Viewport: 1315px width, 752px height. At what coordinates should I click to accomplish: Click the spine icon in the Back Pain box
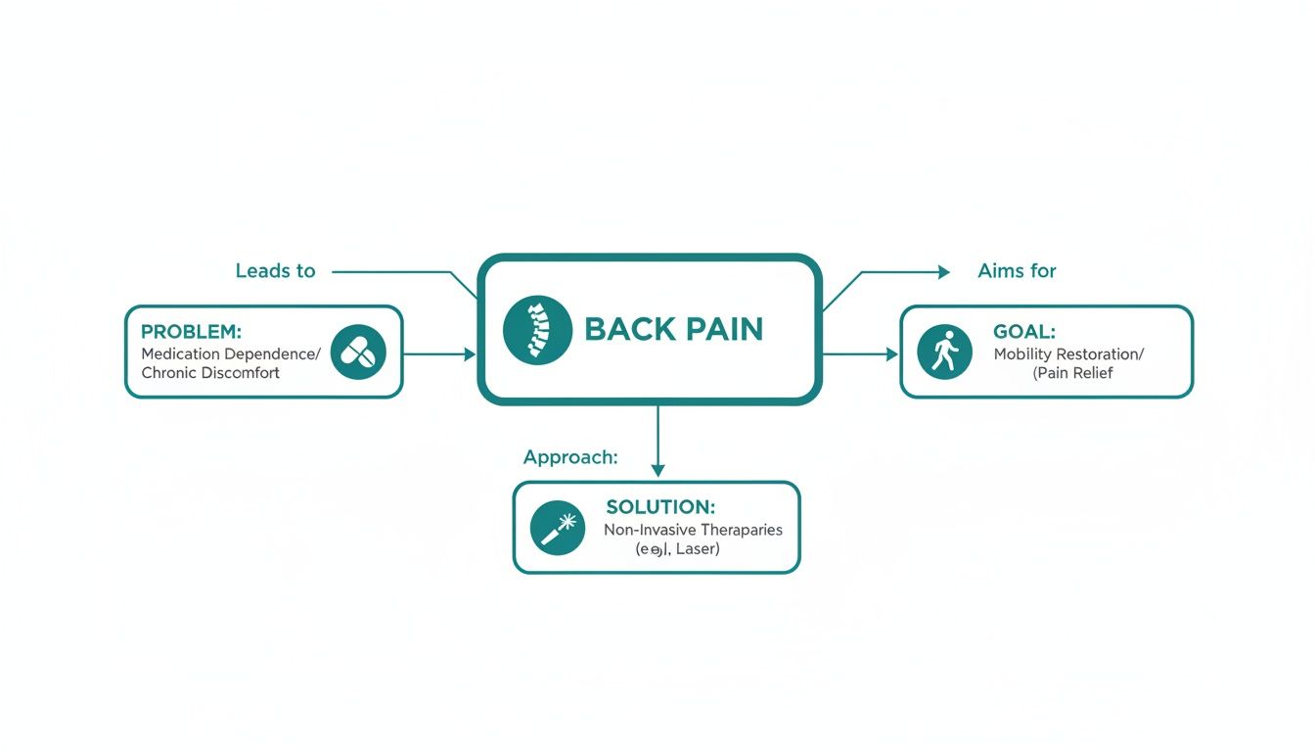pyautogui.click(x=537, y=329)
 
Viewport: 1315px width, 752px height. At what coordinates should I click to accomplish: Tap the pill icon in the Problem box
pyautogui.click(x=358, y=352)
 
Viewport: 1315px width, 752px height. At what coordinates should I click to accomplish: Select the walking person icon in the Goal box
pyautogui.click(x=944, y=352)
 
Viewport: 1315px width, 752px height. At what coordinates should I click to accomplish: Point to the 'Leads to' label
pyautogui.click(x=275, y=271)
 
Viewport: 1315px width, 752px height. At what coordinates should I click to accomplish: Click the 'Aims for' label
pyautogui.click(x=1017, y=271)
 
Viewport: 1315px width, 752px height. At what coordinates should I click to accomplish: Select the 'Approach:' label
pyautogui.click(x=570, y=457)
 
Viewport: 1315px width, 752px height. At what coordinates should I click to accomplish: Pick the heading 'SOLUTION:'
pyautogui.click(x=660, y=507)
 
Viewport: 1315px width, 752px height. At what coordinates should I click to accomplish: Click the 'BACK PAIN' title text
pyautogui.click(x=673, y=329)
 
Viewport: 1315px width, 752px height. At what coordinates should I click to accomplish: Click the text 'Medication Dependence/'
pyautogui.click(x=231, y=353)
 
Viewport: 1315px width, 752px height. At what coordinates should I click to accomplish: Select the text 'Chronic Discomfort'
pyautogui.click(x=210, y=373)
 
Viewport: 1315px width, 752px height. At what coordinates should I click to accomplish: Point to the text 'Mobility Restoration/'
pyautogui.click(x=1069, y=354)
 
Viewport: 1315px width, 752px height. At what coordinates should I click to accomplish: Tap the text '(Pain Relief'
pyautogui.click(x=1073, y=373)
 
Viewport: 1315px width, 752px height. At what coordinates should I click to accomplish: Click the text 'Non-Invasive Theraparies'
pyautogui.click(x=693, y=530)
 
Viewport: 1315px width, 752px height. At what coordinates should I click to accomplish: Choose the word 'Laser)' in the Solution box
pyautogui.click(x=697, y=549)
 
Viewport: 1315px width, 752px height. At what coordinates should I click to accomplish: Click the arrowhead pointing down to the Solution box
pyautogui.click(x=657, y=470)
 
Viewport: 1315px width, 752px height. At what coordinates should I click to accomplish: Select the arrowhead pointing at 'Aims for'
pyautogui.click(x=943, y=272)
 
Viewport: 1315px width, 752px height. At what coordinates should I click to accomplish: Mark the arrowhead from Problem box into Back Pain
pyautogui.click(x=469, y=353)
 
